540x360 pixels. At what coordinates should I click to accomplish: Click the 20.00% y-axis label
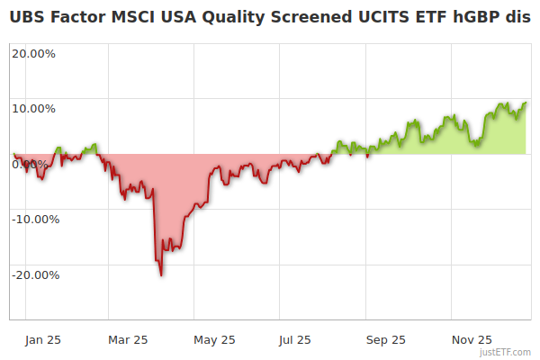click(33, 53)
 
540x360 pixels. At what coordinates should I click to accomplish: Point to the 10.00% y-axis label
click(33, 109)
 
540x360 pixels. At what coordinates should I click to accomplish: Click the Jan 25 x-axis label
click(43, 340)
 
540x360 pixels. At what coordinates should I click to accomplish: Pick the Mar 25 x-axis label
click(128, 340)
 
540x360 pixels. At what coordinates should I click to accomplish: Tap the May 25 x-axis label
click(215, 340)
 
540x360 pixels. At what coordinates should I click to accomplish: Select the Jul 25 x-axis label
click(294, 340)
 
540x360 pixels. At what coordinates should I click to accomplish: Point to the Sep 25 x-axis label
click(386, 340)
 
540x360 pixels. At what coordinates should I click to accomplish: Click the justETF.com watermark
click(508, 352)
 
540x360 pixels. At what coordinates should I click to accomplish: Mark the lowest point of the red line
click(161, 274)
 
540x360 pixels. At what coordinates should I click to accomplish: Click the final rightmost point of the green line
click(526, 103)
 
